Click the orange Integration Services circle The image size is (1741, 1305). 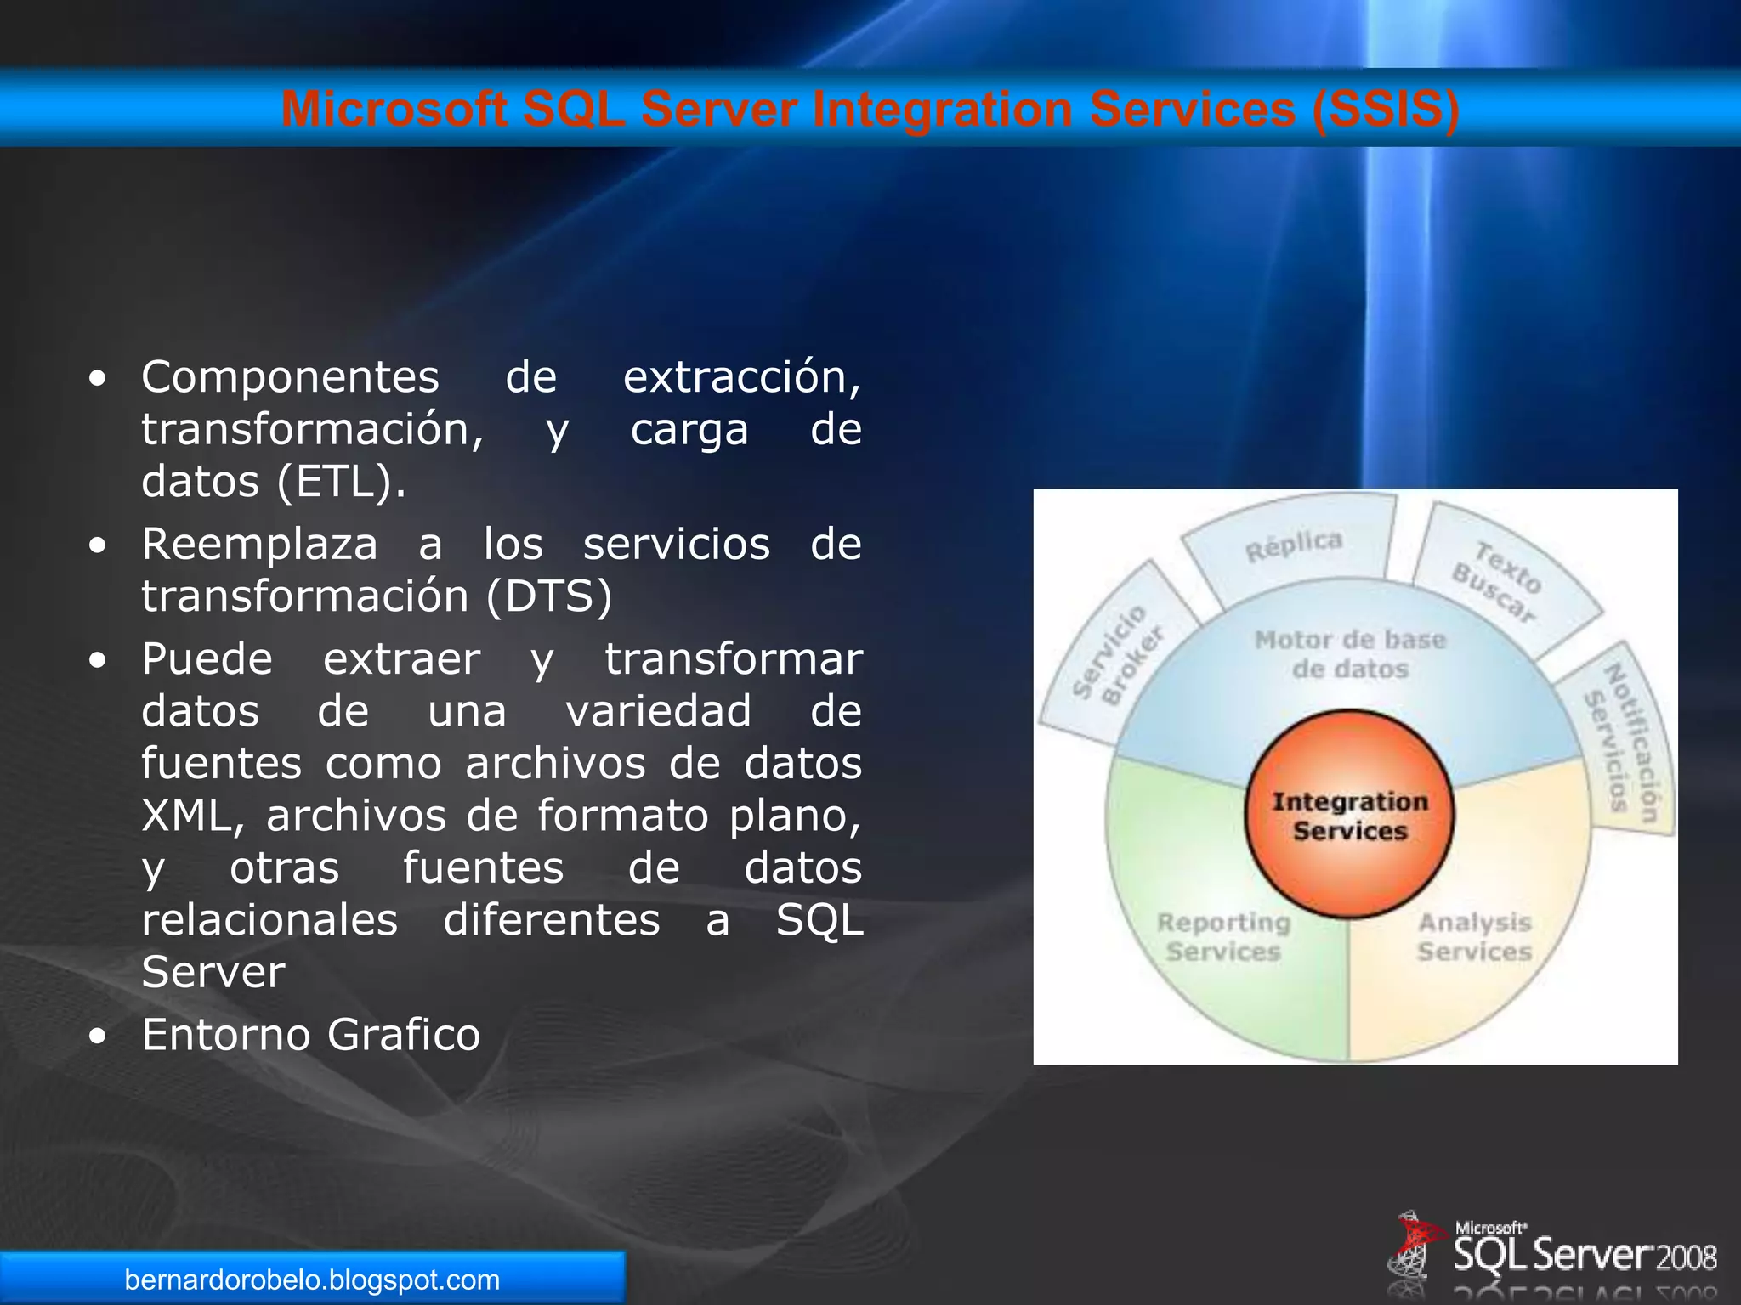click(1349, 815)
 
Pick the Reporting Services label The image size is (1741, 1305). click(1223, 937)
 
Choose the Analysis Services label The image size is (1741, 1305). click(1474, 937)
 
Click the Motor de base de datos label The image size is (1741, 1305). click(1350, 654)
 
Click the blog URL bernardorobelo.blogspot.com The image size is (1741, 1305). click(312, 1280)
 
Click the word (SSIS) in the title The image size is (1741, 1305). click(1386, 110)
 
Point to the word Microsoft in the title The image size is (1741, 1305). click(394, 110)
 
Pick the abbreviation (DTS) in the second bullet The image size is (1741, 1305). click(549, 596)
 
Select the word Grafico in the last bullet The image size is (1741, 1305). click(404, 1035)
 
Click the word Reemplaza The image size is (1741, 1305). click(259, 544)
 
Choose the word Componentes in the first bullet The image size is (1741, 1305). click(290, 377)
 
